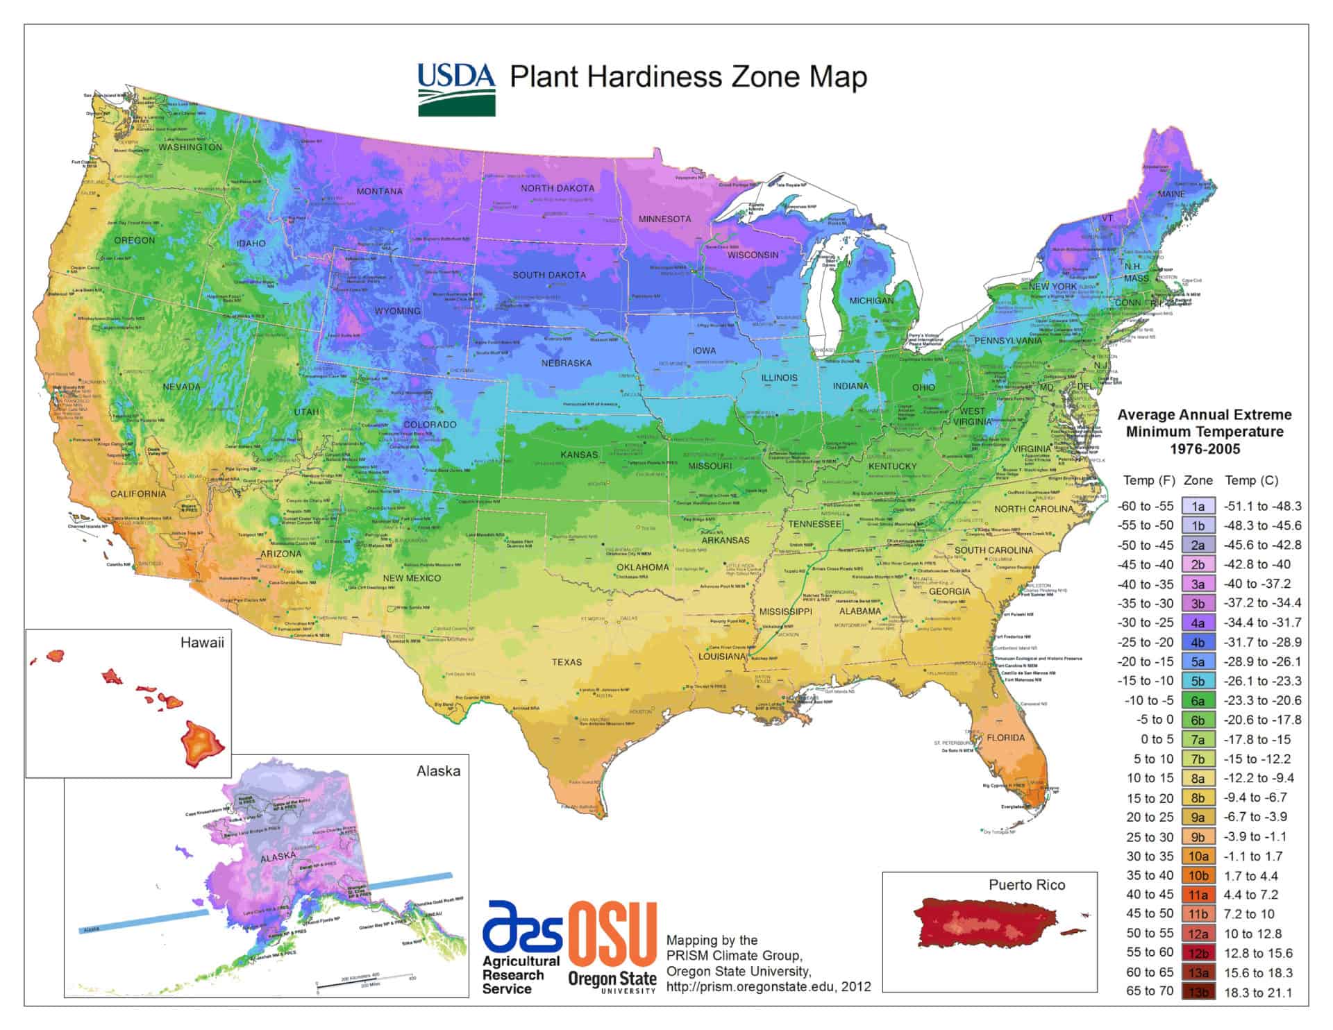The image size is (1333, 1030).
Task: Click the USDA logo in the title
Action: coord(456,90)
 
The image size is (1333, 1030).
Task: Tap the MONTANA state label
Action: coord(379,191)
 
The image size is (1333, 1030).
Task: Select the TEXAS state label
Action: coord(567,661)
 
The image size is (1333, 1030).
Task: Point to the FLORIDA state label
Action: coord(1005,737)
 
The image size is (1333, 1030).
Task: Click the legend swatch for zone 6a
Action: coord(1198,700)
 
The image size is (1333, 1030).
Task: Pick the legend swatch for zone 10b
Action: coord(1198,875)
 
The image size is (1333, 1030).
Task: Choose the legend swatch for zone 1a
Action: coord(1198,506)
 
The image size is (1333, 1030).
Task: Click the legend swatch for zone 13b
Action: coord(1198,992)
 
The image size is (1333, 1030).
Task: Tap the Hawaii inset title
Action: coord(202,642)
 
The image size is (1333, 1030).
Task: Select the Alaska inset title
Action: coord(437,770)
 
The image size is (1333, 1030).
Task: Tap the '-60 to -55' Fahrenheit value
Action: coord(1145,506)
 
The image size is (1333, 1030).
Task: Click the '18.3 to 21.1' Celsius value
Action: coord(1257,992)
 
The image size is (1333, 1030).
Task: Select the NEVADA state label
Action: coord(181,387)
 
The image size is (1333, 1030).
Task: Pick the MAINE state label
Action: coord(1171,194)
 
